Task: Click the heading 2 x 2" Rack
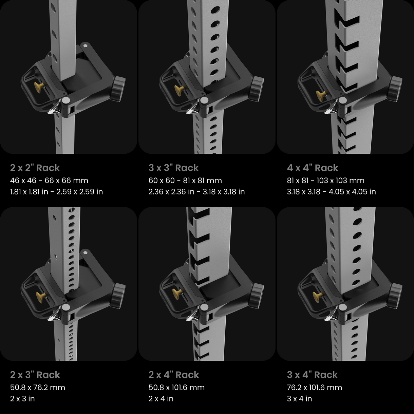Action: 35,168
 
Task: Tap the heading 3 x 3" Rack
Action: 173,168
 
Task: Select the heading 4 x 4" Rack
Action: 313,168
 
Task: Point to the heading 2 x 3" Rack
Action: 35,375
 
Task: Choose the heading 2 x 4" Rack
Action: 174,375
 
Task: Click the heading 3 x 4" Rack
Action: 312,375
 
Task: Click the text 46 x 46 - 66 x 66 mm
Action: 49,181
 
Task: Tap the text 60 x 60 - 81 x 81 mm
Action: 185,181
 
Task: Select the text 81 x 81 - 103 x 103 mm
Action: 325,181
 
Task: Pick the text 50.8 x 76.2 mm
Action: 37,388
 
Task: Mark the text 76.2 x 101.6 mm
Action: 314,388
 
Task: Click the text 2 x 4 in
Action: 161,399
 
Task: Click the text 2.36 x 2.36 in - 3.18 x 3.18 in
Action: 196,192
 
